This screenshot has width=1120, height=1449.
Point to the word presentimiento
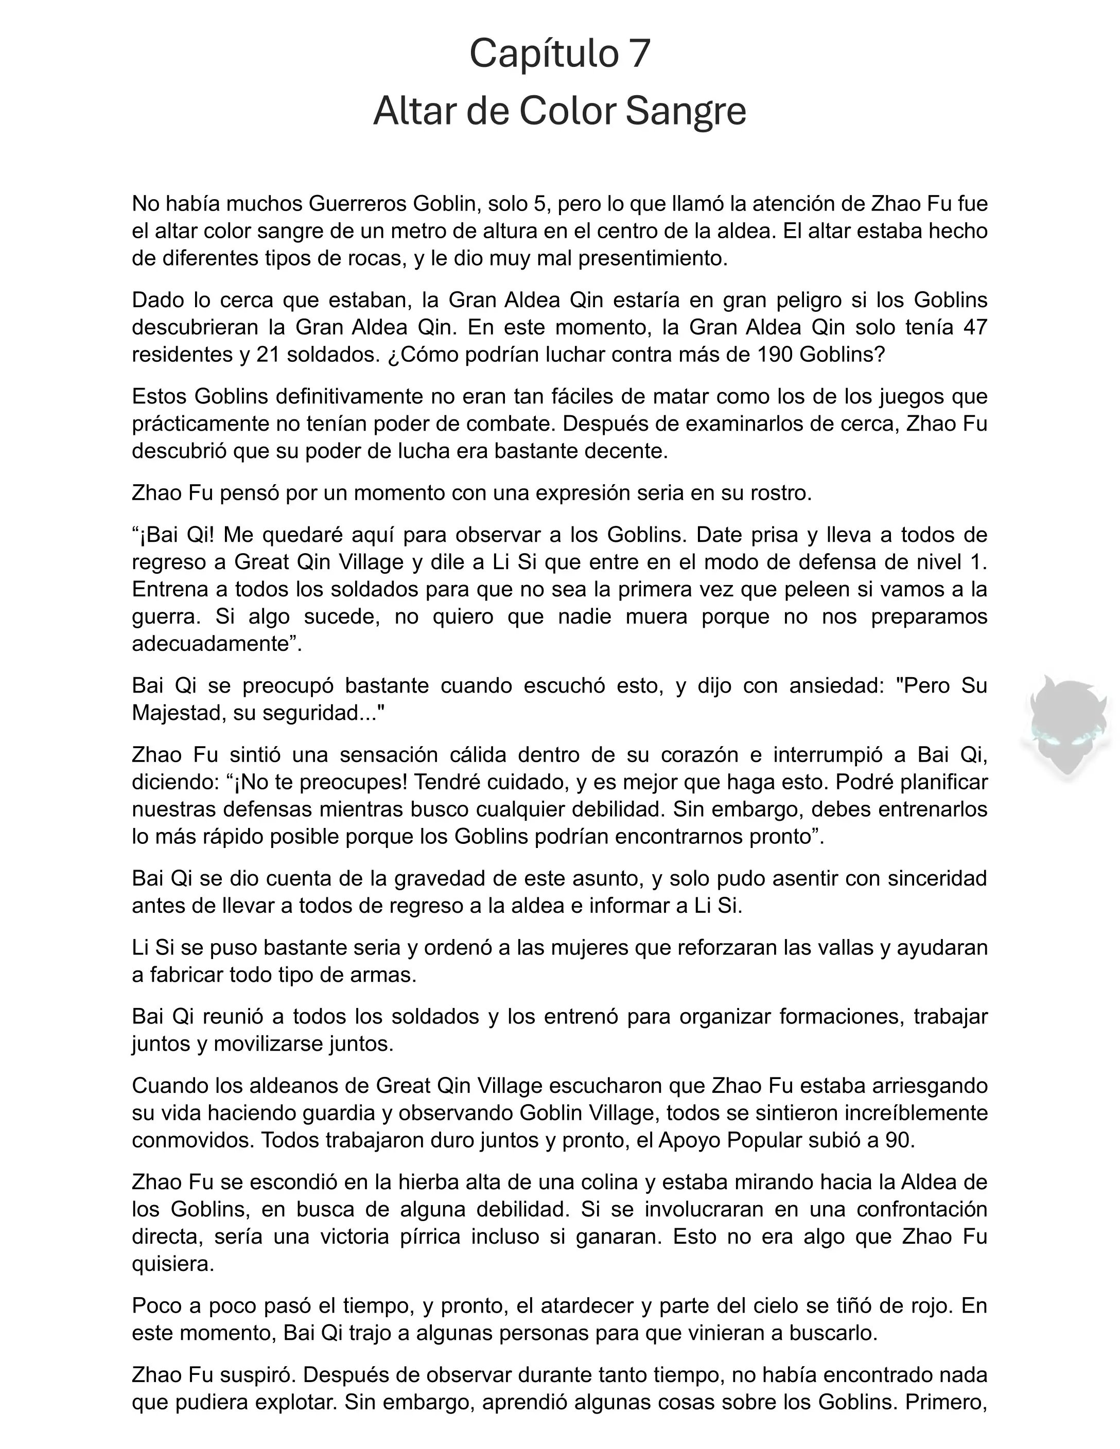(653, 258)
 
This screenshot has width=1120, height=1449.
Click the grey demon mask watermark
(1066, 727)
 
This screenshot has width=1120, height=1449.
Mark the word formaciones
(841, 1016)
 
